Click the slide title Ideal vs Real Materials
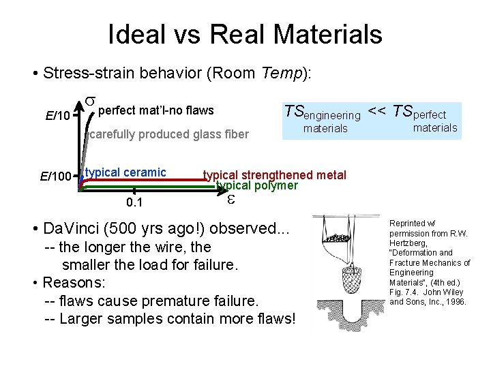click(x=245, y=34)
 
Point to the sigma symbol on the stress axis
click(x=89, y=103)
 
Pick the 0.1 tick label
click(x=134, y=203)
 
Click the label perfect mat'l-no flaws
click(x=156, y=110)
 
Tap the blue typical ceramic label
click(x=126, y=172)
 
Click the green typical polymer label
click(x=257, y=185)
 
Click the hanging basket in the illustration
click(x=349, y=275)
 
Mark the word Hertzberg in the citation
click(x=410, y=242)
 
